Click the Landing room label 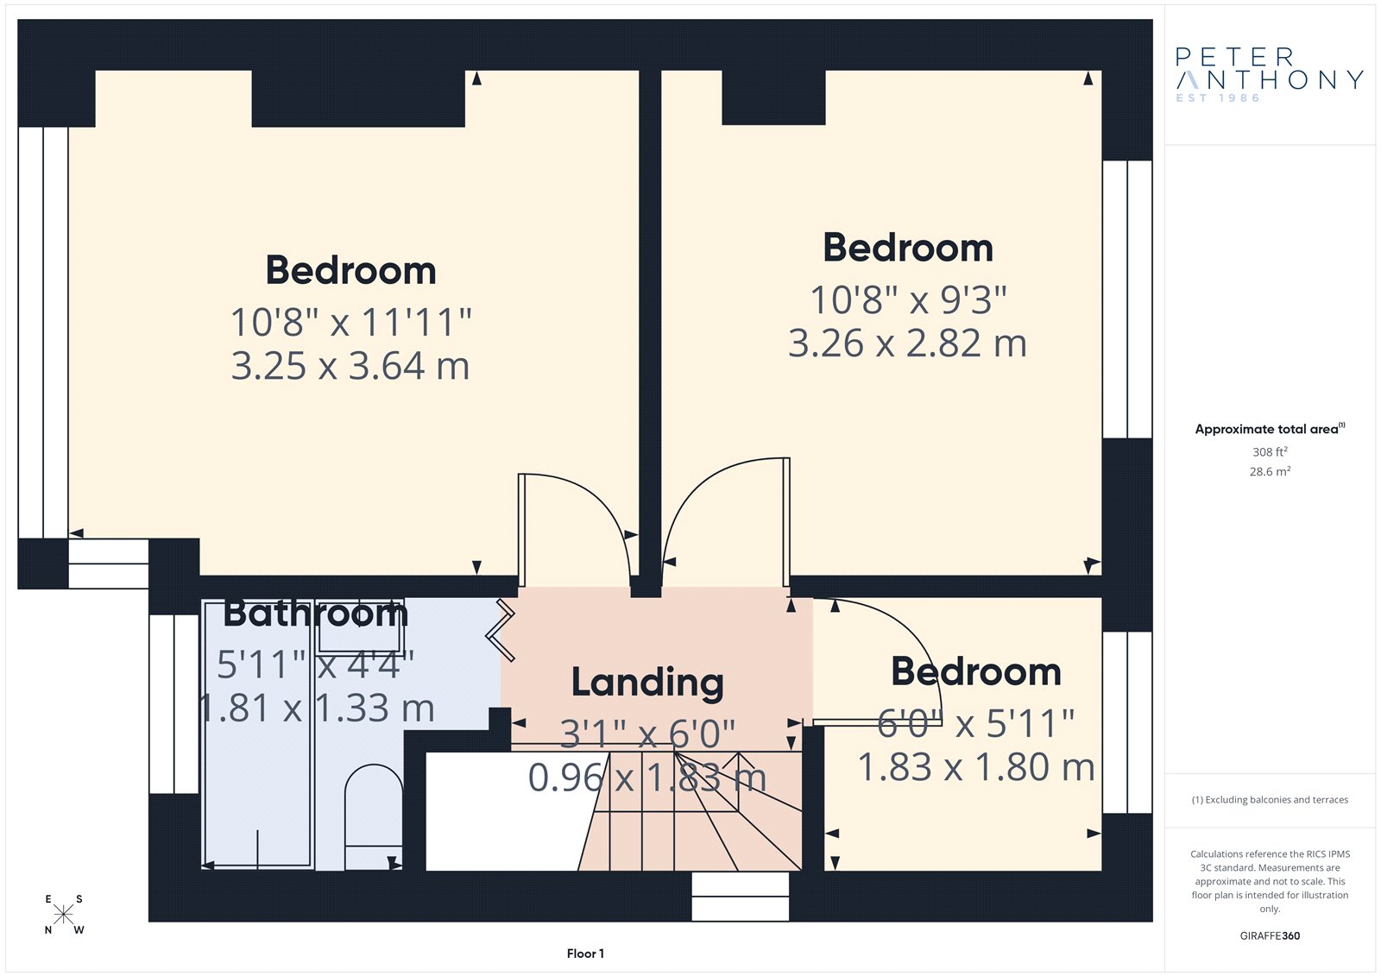coord(647,683)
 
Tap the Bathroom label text coord(316,614)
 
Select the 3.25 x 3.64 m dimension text coord(350,366)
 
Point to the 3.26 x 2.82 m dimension coord(907,343)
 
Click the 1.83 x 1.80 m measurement coord(976,767)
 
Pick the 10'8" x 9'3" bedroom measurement coord(908,300)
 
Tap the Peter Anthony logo coord(1270,75)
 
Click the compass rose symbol coord(64,914)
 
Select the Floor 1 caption coord(585,954)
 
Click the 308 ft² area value coord(1270,451)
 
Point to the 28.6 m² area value coord(1270,471)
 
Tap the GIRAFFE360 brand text coord(1270,935)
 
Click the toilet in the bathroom coord(374,817)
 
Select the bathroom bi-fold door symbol coord(501,630)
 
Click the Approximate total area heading coord(1270,429)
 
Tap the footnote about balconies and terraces coord(1270,800)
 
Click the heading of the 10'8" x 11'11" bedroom coord(350,270)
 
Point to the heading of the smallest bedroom coord(976,671)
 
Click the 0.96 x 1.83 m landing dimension coord(647,778)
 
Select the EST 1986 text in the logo coord(1218,98)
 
